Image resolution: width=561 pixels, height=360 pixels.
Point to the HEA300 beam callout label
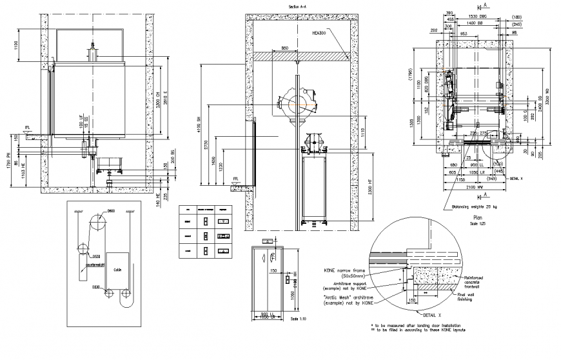pos(320,32)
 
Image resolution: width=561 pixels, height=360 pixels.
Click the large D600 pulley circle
pos(97,222)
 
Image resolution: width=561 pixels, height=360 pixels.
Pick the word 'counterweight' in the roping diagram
pos(95,265)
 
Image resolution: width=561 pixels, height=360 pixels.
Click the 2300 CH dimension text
pos(157,100)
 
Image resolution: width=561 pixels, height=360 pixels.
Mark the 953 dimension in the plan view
pos(464,30)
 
